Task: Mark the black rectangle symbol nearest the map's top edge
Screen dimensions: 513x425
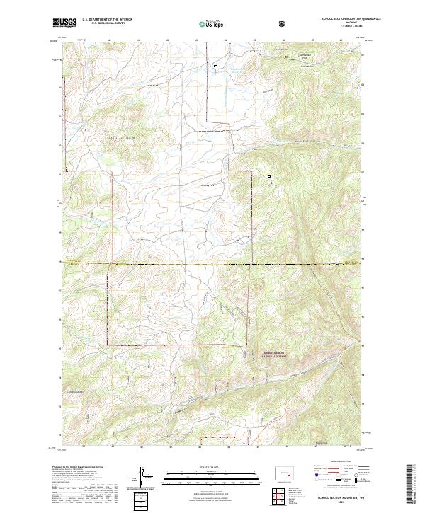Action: pos(216,66)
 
